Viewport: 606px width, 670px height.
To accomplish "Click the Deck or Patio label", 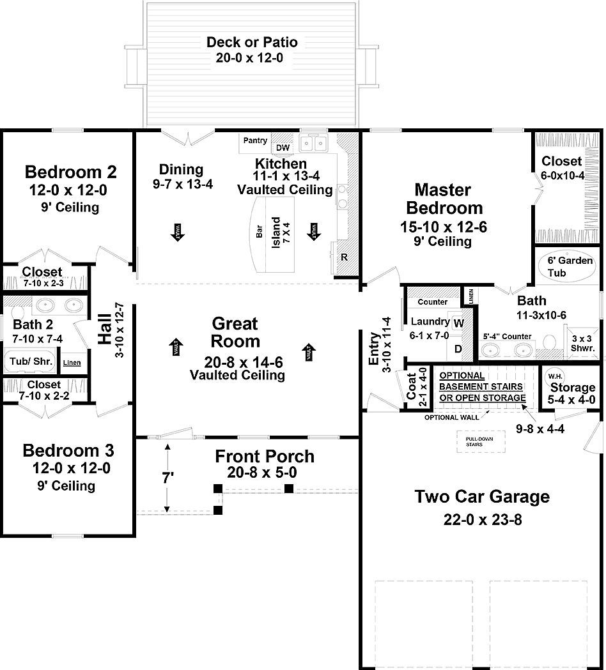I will (252, 43).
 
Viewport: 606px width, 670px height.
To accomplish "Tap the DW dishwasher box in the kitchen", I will (283, 148).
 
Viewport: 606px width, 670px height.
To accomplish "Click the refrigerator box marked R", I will (344, 257).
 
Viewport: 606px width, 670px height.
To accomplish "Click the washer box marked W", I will (458, 323).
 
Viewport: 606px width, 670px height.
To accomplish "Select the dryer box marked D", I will (458, 349).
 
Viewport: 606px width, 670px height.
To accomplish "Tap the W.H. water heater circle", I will (553, 376).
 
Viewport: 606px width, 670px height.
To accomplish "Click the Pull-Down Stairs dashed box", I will (474, 441).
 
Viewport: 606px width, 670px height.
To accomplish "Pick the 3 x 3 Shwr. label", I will (582, 344).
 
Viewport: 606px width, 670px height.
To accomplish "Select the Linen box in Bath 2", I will (72, 363).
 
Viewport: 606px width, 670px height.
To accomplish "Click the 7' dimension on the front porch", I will (167, 476).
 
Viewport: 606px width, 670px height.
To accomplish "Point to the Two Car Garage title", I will (482, 496).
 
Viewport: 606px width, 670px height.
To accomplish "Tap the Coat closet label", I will (412, 386).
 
